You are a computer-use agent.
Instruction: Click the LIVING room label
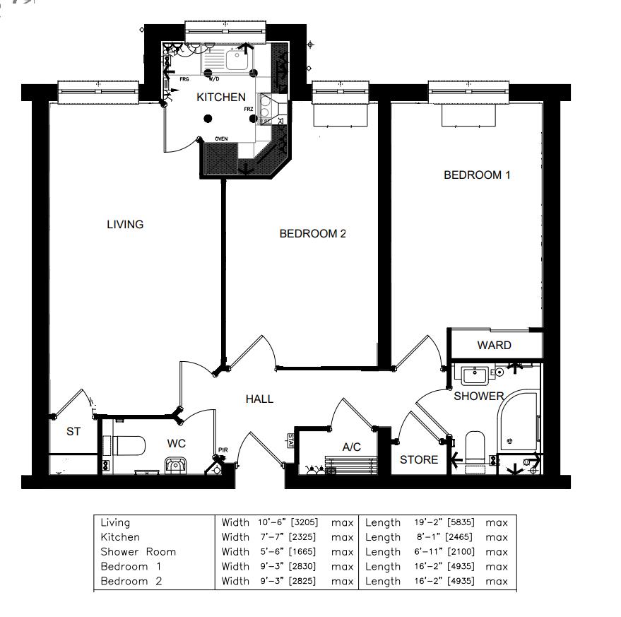(x=125, y=225)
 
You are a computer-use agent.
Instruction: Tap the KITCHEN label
(x=221, y=98)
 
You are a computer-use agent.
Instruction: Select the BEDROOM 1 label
(x=476, y=175)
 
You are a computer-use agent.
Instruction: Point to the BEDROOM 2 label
(x=312, y=234)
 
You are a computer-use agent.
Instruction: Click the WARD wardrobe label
(x=494, y=346)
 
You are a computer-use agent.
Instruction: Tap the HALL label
(x=259, y=399)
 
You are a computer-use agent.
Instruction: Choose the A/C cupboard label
(x=352, y=447)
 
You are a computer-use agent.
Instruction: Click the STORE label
(x=419, y=460)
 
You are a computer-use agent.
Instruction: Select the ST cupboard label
(x=73, y=432)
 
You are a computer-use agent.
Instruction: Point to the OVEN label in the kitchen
(x=221, y=139)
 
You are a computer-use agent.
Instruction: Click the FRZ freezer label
(x=249, y=110)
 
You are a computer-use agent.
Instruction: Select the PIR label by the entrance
(x=223, y=450)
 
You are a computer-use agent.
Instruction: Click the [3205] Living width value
(x=304, y=523)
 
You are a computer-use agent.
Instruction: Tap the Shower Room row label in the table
(x=138, y=552)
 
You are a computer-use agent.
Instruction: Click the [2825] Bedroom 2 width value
(x=304, y=581)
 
